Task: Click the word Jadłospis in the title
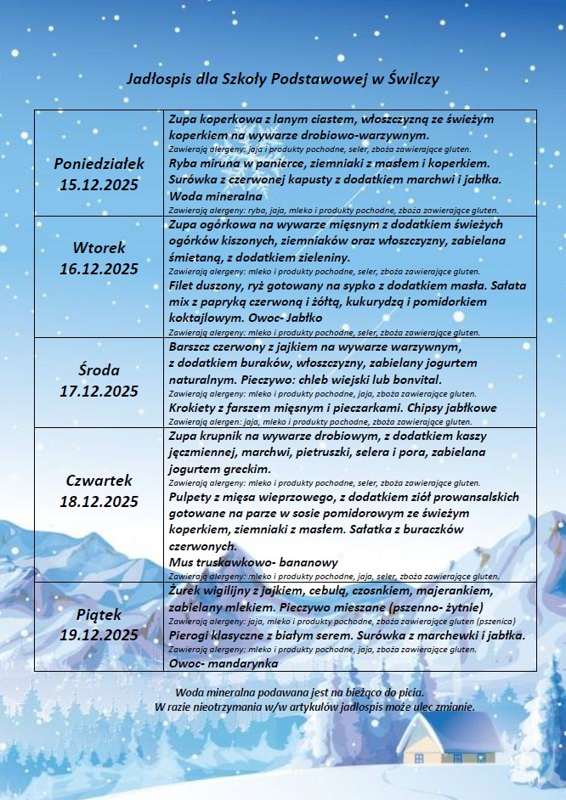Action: [x=156, y=78]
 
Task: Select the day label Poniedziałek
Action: [x=99, y=162]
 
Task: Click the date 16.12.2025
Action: [x=99, y=268]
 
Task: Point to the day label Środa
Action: [x=99, y=370]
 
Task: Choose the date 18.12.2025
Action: [x=99, y=501]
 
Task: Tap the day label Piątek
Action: [x=99, y=613]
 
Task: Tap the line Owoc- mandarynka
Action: [x=224, y=662]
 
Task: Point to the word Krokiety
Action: [x=197, y=407]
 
